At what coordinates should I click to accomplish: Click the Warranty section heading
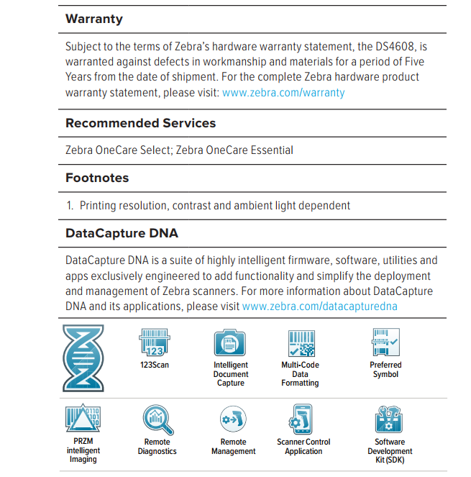coord(94,19)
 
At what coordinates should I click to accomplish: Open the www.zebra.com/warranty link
coord(283,93)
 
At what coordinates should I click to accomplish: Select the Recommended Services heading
coord(140,123)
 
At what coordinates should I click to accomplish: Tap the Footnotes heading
coord(97,178)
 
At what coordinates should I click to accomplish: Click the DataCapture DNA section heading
coord(122,233)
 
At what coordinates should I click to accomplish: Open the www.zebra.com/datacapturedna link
coord(319,306)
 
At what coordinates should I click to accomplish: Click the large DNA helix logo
coord(83,358)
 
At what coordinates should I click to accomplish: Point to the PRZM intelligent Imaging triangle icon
coord(83,419)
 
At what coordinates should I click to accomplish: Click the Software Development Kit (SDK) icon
coord(389,420)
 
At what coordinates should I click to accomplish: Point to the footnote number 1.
coord(70,206)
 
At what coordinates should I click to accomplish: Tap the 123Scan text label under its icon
coord(155,365)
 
